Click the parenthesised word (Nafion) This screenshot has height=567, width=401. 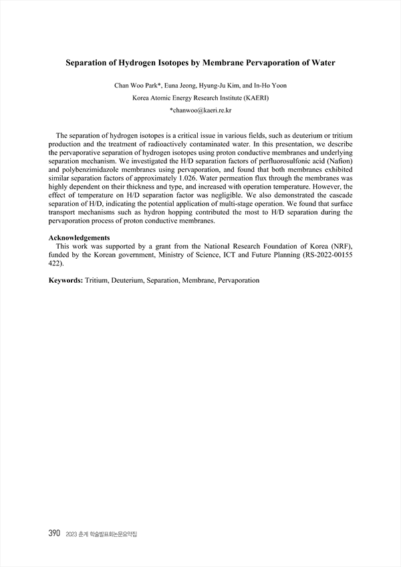tap(337, 162)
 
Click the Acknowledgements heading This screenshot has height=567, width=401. tap(80, 237)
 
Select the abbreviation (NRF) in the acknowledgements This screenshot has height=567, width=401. tap(340, 246)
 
